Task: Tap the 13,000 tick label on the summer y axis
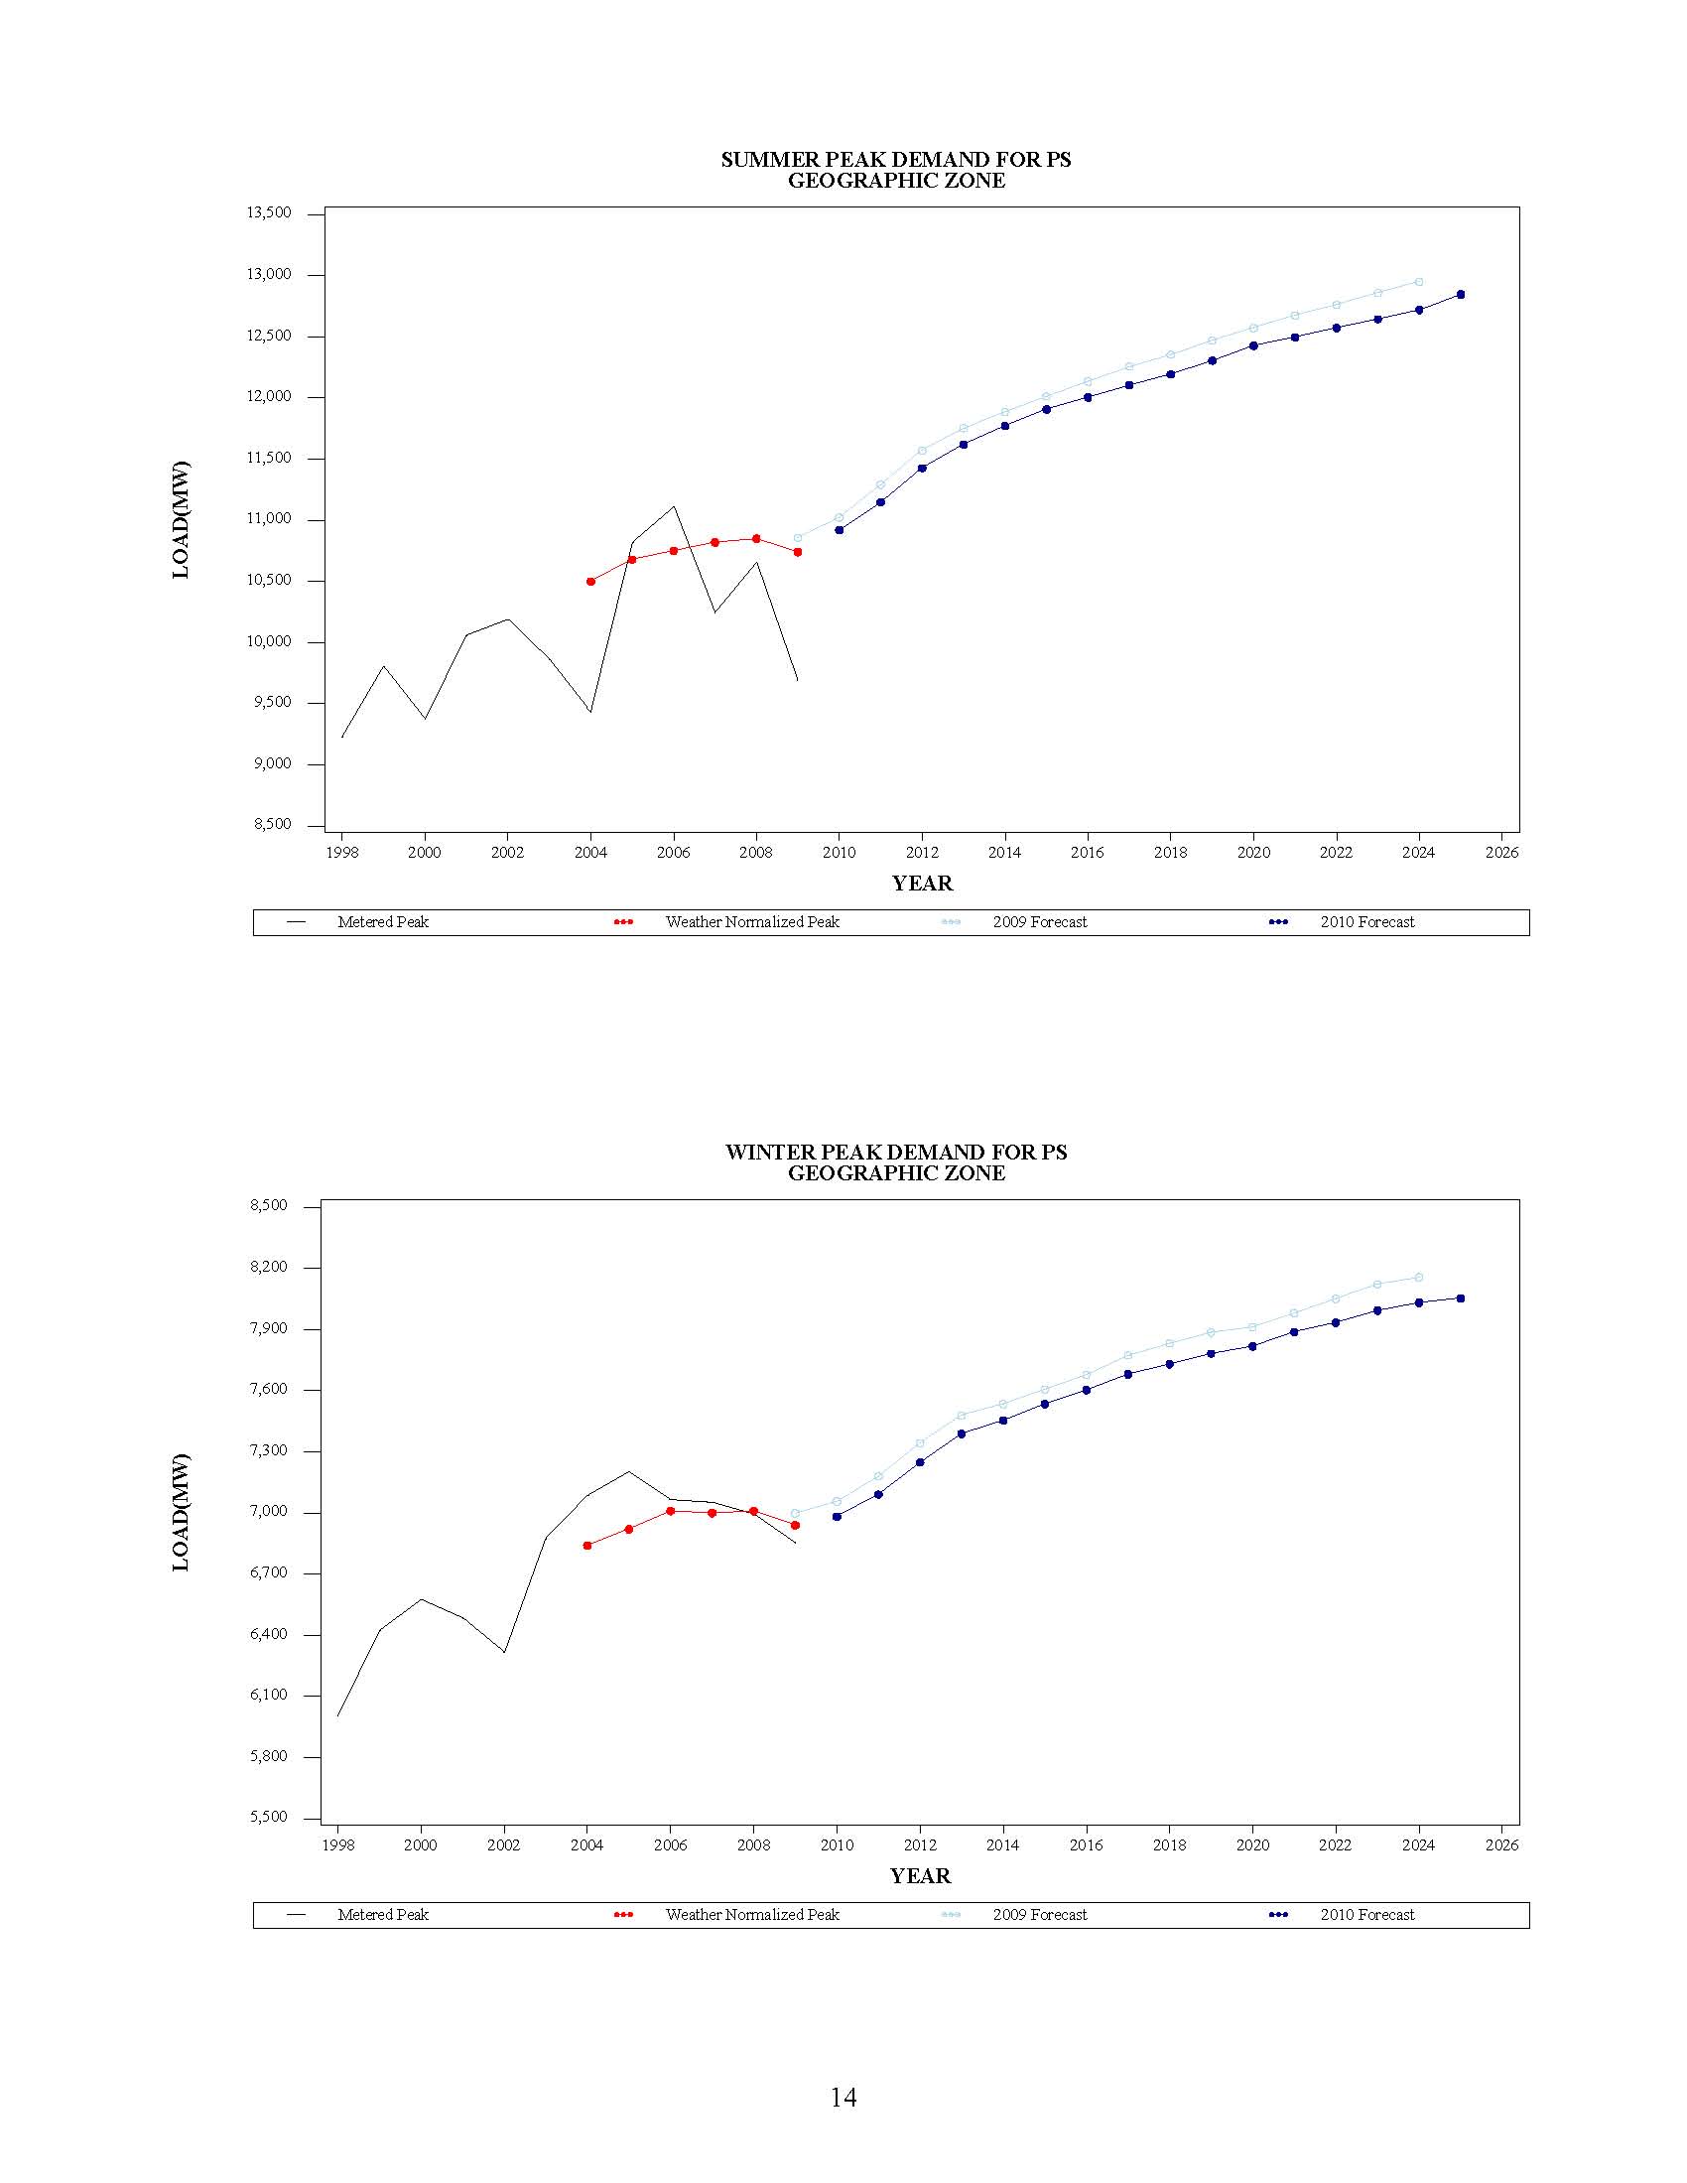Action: point(269,275)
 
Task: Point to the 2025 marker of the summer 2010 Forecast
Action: point(1460,294)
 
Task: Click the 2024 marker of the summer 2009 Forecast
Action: point(1418,282)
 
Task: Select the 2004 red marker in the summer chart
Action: point(590,581)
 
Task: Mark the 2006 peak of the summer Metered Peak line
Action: point(674,506)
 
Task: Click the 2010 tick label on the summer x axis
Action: point(839,853)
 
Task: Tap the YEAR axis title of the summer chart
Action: point(922,884)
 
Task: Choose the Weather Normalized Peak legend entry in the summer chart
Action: point(751,922)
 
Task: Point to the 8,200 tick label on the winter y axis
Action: point(269,1268)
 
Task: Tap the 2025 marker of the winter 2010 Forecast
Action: point(1460,1298)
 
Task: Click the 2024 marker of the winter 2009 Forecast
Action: point(1418,1278)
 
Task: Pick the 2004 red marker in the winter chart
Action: point(586,1546)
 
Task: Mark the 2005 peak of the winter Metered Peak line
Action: point(628,1471)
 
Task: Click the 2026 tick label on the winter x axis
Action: point(1501,1845)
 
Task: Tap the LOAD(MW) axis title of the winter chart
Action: point(181,1512)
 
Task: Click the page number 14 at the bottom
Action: point(843,2097)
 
